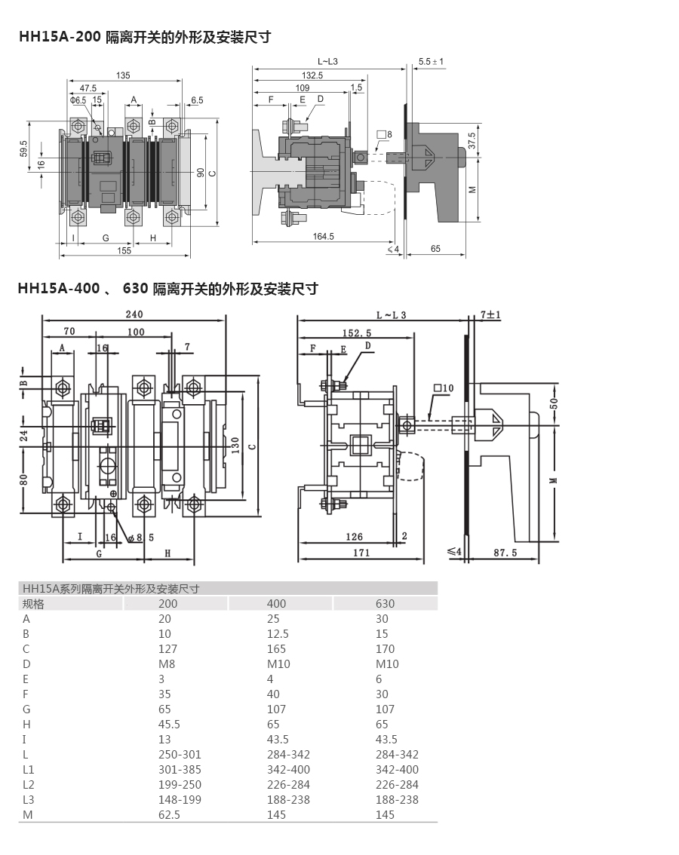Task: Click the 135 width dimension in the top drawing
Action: point(123,75)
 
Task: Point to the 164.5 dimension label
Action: point(323,236)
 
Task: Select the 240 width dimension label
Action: point(134,314)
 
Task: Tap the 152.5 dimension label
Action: point(357,332)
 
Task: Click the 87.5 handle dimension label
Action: point(505,553)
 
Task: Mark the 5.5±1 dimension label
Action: point(432,62)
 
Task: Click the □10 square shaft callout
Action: point(443,388)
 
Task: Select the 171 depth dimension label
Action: point(361,553)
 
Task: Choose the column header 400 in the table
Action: point(277,604)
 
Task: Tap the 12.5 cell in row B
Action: point(278,633)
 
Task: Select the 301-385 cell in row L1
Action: point(180,769)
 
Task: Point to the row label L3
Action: point(29,799)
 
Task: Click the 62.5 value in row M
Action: point(169,814)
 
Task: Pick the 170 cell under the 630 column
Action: point(385,649)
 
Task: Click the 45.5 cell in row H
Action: point(169,724)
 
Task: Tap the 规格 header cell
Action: point(33,604)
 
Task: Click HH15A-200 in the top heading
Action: point(60,36)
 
